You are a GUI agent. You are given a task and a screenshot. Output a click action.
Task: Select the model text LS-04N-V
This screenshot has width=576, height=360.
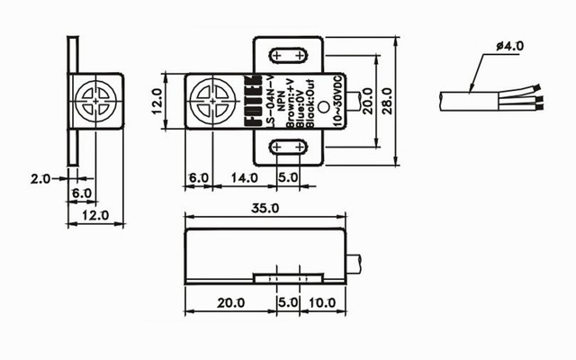(269, 115)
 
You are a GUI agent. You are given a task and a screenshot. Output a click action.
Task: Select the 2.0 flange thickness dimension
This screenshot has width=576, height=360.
(41, 179)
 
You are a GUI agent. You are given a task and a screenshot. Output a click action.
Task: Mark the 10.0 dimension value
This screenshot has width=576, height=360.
(321, 302)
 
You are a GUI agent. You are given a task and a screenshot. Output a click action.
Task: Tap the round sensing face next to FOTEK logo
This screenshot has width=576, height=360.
(211, 100)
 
